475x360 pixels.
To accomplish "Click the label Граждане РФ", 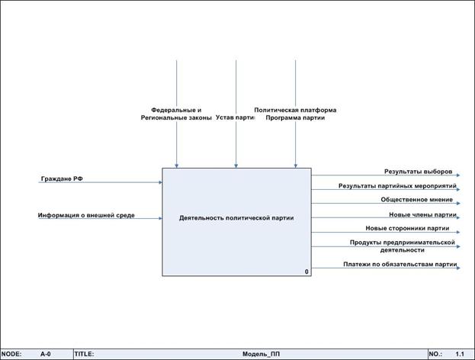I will (62, 178).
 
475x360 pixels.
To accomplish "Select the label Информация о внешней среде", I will (86, 215).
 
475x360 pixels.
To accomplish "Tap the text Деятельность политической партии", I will (236, 218).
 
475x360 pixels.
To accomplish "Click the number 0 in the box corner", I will (307, 272).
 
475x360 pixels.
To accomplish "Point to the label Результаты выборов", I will (418, 171).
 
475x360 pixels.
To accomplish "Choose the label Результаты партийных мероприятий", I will (397, 185).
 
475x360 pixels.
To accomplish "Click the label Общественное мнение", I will (416, 200).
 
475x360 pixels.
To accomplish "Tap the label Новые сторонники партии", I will (407, 228).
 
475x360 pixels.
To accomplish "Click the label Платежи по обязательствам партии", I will (400, 265).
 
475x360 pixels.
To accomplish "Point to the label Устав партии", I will (235, 117).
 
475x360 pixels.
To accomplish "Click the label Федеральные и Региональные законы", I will (176, 114).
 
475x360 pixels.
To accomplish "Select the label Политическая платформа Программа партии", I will (295, 114).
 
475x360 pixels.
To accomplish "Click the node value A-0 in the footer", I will (45, 355).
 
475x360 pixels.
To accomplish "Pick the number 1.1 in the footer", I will (460, 355).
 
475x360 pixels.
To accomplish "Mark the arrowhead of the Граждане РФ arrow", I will (160, 182).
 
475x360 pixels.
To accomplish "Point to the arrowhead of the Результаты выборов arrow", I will (458, 175).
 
